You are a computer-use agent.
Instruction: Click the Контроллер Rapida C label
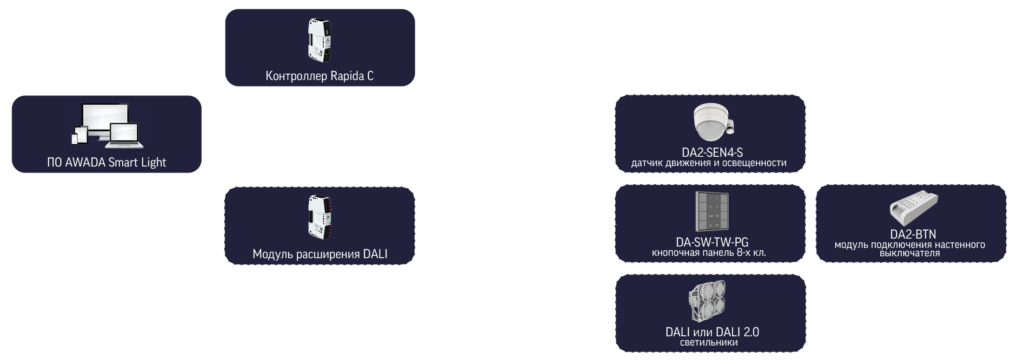pyautogui.click(x=319, y=76)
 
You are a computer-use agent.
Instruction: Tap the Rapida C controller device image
pyautogui.click(x=320, y=40)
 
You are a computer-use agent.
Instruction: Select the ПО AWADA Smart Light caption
pyautogui.click(x=106, y=162)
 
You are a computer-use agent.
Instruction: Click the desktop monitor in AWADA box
pyautogui.click(x=103, y=120)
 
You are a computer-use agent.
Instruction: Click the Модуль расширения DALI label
pyautogui.click(x=320, y=254)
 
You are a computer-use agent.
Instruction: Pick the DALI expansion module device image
pyautogui.click(x=320, y=217)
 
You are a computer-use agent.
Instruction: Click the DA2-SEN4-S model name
pyautogui.click(x=712, y=152)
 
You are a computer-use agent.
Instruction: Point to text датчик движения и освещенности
pyautogui.click(x=709, y=163)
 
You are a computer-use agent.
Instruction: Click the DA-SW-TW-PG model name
pyautogui.click(x=712, y=242)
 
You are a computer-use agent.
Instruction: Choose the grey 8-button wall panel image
pyautogui.click(x=712, y=212)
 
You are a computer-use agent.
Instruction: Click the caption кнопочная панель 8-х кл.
pyautogui.click(x=709, y=253)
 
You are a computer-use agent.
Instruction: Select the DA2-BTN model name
pyautogui.click(x=913, y=234)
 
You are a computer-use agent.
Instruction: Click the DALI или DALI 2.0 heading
pyautogui.click(x=712, y=332)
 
